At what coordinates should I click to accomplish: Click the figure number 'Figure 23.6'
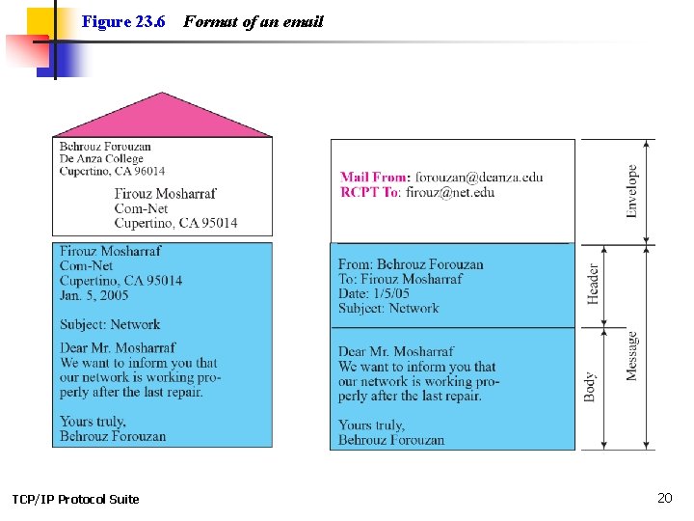[x=123, y=21]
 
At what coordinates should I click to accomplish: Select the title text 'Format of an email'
[x=253, y=21]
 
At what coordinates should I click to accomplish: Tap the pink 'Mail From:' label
[x=375, y=178]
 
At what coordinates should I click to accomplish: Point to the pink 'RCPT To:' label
[x=371, y=192]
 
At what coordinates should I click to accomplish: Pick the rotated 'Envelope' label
[x=632, y=190]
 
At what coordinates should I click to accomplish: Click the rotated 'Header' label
[x=593, y=284]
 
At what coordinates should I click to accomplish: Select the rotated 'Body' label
[x=590, y=387]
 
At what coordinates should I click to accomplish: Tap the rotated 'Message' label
[x=632, y=355]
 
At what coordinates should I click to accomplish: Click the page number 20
[x=664, y=498]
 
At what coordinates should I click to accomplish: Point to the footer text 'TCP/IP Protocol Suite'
[x=75, y=499]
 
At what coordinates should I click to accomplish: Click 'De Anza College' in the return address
[x=101, y=159]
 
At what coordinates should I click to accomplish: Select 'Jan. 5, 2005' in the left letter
[x=93, y=294]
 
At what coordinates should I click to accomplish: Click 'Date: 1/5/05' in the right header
[x=373, y=293]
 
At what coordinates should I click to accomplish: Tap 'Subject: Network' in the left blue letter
[x=110, y=324]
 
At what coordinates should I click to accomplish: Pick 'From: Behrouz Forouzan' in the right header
[x=411, y=264]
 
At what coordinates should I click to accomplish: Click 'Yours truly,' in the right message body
[x=371, y=425]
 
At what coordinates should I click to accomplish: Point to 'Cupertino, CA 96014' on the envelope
[x=112, y=172]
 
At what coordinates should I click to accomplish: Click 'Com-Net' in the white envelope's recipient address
[x=141, y=208]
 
